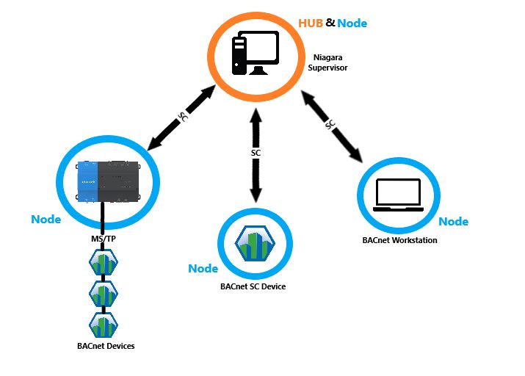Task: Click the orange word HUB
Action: (310, 23)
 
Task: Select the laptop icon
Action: (397, 195)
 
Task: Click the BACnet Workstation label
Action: (399, 240)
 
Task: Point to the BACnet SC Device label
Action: (253, 286)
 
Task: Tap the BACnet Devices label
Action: (106, 345)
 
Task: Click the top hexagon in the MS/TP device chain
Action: (104, 263)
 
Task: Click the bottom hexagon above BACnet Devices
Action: (104, 324)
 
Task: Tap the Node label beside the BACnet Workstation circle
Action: (453, 221)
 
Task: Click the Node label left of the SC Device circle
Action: (203, 269)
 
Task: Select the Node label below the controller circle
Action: (46, 219)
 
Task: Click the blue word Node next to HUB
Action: (352, 23)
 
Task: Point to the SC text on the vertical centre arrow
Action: (256, 153)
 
